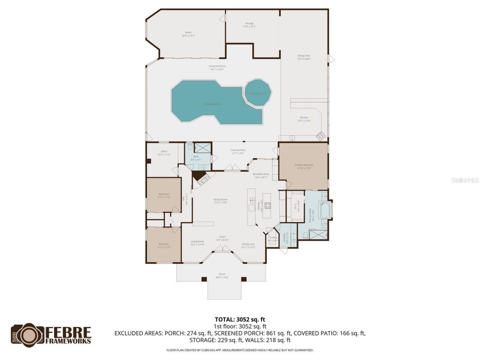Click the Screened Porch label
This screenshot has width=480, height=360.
[217, 68]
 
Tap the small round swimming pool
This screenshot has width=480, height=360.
[258, 92]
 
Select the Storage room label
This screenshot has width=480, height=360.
[249, 25]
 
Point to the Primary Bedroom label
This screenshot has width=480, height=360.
[304, 166]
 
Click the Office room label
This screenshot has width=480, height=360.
[164, 153]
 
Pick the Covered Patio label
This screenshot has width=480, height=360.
[238, 151]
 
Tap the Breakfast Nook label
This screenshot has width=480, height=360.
[261, 175]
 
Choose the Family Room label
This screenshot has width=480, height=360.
[220, 201]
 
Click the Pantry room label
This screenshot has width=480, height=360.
[273, 239]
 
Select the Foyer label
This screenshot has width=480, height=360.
[222, 238]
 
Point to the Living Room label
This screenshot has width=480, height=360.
[197, 243]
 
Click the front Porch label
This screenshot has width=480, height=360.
[222, 276]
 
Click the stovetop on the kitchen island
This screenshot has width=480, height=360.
[268, 205]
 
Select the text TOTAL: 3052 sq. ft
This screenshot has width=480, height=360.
[240, 319]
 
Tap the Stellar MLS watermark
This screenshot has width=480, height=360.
[465, 180]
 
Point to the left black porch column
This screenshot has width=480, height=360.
[204, 279]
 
